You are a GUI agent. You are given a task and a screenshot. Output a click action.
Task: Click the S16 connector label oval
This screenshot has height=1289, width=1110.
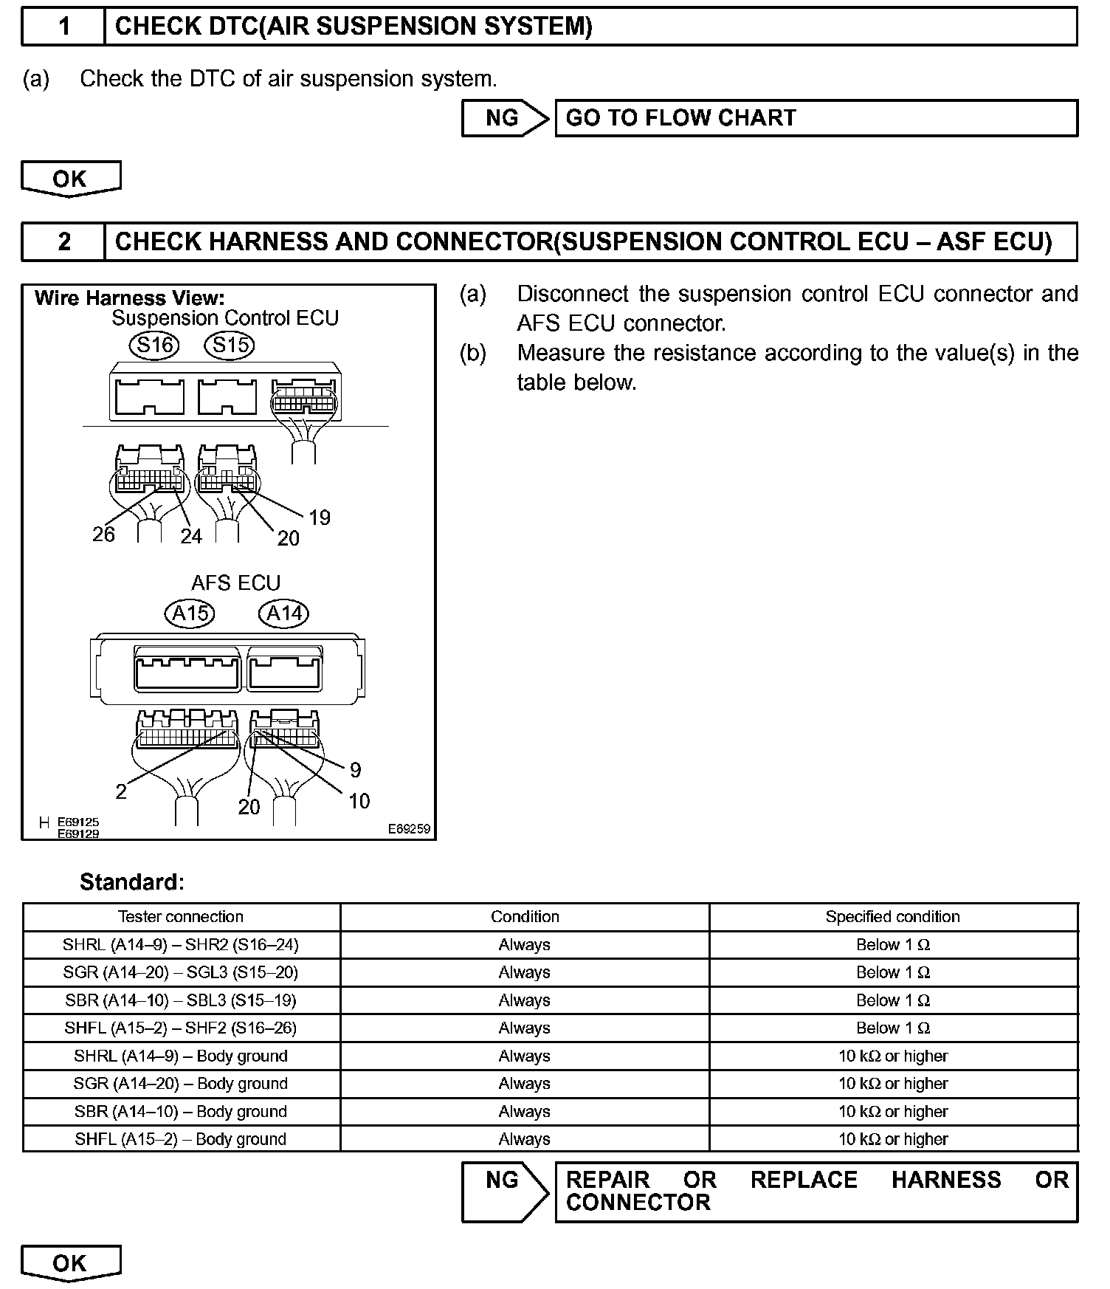pos(154,345)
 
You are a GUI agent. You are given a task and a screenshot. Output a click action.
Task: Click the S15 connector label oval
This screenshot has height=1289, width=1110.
pos(230,345)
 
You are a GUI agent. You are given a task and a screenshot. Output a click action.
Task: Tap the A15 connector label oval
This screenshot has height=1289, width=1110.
pos(190,613)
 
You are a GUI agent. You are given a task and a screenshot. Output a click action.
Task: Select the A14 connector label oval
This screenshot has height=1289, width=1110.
pos(284,613)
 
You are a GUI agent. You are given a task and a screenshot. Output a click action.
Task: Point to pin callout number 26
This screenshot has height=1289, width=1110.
pos(103,534)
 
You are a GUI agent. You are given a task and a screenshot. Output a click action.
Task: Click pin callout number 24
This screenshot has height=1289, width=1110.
pos(190,537)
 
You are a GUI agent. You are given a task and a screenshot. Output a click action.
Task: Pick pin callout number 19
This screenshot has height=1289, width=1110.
pos(319,517)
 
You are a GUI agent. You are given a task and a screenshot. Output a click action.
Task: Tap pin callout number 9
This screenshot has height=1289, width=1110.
pos(355,770)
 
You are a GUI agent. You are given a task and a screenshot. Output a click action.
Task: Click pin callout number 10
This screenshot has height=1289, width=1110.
pos(359,801)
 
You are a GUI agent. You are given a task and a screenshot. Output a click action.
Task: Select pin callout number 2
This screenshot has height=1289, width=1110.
pos(121,791)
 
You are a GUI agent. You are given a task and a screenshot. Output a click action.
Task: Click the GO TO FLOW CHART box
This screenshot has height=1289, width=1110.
pos(816,118)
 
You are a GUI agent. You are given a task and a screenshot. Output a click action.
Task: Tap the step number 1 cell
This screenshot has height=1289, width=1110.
pos(64,27)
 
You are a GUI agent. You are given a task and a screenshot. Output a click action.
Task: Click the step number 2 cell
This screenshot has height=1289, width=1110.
pos(64,241)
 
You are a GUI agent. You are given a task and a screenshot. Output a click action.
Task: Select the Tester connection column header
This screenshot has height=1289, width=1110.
pos(181,917)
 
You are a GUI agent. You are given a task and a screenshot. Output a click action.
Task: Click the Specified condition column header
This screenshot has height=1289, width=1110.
pos(892,917)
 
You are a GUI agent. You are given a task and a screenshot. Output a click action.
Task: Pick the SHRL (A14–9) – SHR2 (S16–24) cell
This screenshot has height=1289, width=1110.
pos(181,945)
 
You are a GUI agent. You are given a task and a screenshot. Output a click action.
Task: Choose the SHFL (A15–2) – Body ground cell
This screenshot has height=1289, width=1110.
pos(181,1139)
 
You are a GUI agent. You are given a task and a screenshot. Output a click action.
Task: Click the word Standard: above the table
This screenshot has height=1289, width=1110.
pos(132,882)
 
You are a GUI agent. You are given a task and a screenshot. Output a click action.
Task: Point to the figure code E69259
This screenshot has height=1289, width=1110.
pos(409,829)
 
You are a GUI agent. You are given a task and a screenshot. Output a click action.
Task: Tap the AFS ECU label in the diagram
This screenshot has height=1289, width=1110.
pos(236,583)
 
